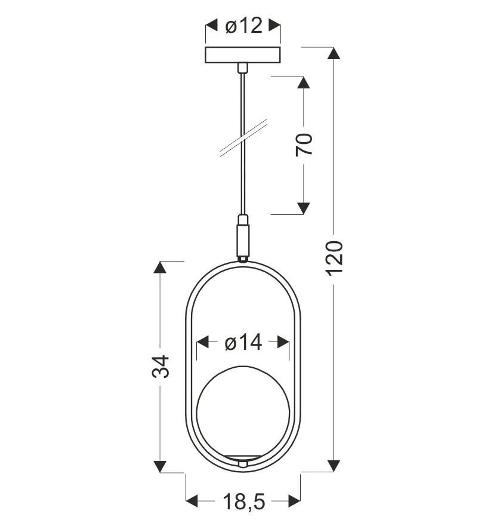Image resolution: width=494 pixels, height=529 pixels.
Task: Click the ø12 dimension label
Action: [243, 26]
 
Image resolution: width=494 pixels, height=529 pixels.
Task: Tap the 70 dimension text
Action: [304, 144]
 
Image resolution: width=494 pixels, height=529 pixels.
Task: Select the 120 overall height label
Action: [335, 257]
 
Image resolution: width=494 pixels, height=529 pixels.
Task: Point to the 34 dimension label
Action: [160, 366]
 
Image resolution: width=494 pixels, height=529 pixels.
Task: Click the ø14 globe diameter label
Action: [243, 343]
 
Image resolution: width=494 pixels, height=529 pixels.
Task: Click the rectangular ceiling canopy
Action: [243, 55]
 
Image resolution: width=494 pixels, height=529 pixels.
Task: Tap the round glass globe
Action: [243, 411]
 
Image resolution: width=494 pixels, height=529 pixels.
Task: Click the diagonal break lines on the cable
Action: [243, 138]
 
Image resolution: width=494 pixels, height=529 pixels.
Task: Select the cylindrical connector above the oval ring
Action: [243, 238]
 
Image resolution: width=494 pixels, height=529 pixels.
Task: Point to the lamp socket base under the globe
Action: [243, 461]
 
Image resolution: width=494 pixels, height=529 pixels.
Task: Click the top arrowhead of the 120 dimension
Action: [334, 53]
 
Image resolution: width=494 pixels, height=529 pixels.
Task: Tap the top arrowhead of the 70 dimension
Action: [304, 82]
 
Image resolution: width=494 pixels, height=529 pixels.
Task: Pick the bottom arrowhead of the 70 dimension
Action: [304, 208]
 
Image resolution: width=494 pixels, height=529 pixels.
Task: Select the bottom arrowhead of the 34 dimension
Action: [159, 466]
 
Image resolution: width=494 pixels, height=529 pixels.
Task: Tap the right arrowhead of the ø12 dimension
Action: [274, 26]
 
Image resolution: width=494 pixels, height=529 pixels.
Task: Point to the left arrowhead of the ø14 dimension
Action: [202, 343]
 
